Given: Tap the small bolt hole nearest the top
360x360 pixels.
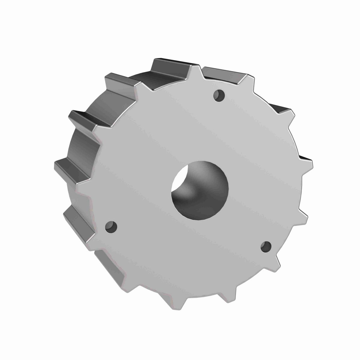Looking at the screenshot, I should point(219,95).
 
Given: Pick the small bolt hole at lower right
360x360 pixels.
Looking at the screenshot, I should point(266,247).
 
